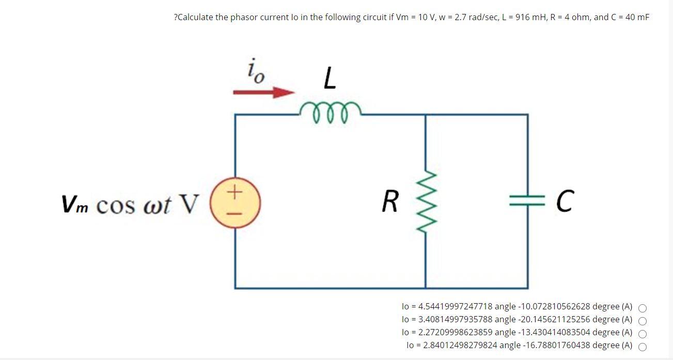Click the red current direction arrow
tap(263, 92)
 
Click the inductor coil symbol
tap(330, 109)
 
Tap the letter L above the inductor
tap(330, 79)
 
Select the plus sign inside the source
tap(235, 193)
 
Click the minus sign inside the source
tap(235, 212)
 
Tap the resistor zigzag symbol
tap(426, 201)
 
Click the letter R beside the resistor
tap(390, 201)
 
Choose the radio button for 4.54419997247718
tap(643, 308)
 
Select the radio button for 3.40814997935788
tap(643, 321)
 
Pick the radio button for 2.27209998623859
tap(643, 334)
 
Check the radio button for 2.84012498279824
tap(643, 347)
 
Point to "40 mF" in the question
tap(637, 18)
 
